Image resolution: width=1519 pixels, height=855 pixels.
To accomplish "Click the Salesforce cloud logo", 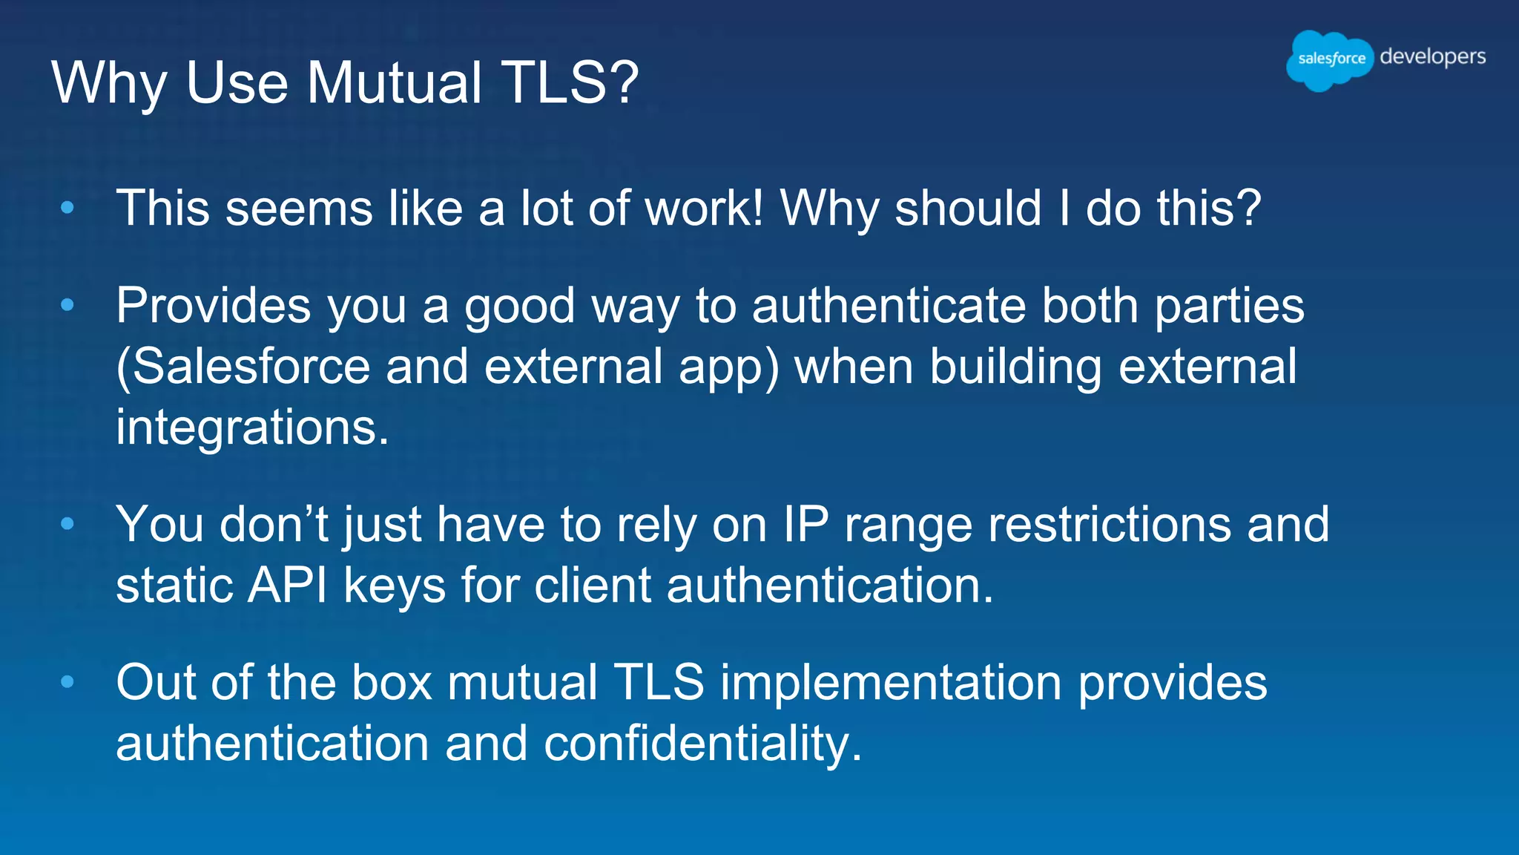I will point(1330,59).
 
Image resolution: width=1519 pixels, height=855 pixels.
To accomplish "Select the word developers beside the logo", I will point(1432,57).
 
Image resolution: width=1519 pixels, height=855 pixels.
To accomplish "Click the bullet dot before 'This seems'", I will point(67,209).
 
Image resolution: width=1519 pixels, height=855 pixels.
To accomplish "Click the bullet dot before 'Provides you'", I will point(67,305).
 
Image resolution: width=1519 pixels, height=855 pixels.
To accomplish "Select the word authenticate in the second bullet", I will point(889,306).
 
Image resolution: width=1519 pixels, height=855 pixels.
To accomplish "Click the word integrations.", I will point(252,428).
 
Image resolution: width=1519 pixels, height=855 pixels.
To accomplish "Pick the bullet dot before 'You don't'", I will point(67,525).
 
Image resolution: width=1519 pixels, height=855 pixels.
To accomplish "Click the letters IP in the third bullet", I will point(805,525).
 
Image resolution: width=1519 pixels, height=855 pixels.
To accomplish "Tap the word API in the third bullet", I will point(288,586).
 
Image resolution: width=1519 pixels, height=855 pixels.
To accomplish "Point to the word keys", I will point(395,586).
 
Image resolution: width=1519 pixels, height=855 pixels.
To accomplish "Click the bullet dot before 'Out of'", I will point(67,682).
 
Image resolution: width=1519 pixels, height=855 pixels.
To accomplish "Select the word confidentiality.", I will point(703,744).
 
